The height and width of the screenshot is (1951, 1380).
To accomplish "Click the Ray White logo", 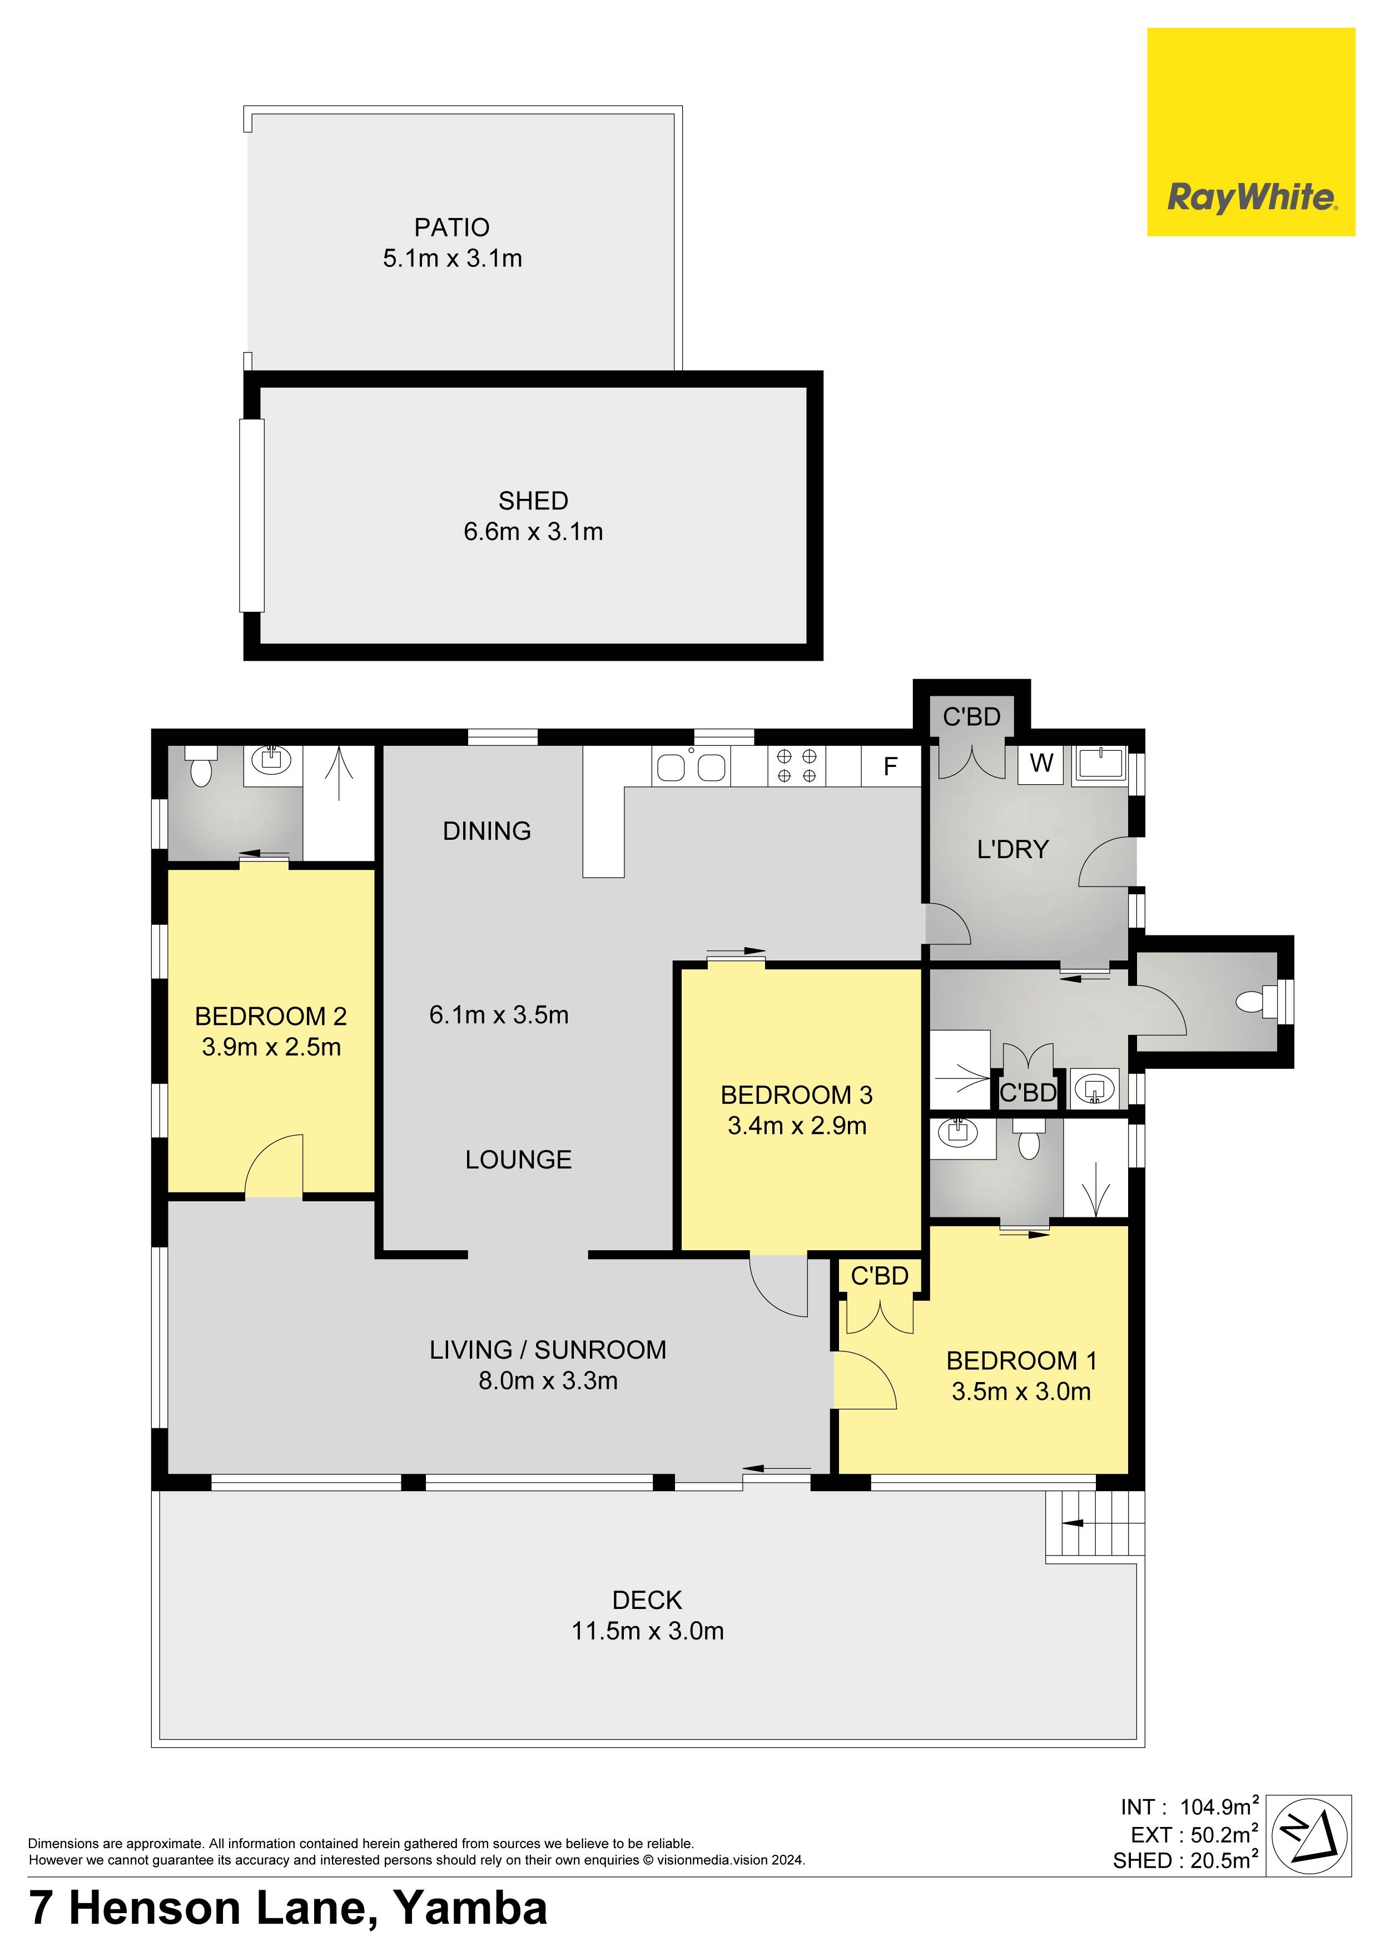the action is [x=1251, y=132].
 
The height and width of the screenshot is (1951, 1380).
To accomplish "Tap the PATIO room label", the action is [x=452, y=227].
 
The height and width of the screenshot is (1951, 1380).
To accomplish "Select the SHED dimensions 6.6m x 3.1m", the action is [x=534, y=532].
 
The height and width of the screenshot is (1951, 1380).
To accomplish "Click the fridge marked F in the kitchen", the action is [x=891, y=766].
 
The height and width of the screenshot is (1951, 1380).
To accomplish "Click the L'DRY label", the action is [x=1013, y=849].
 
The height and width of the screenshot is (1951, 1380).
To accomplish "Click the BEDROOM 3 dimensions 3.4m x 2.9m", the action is [x=797, y=1126].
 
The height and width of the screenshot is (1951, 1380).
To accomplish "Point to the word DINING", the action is [x=487, y=831].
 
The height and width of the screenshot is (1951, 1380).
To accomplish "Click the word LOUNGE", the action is [x=518, y=1160].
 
